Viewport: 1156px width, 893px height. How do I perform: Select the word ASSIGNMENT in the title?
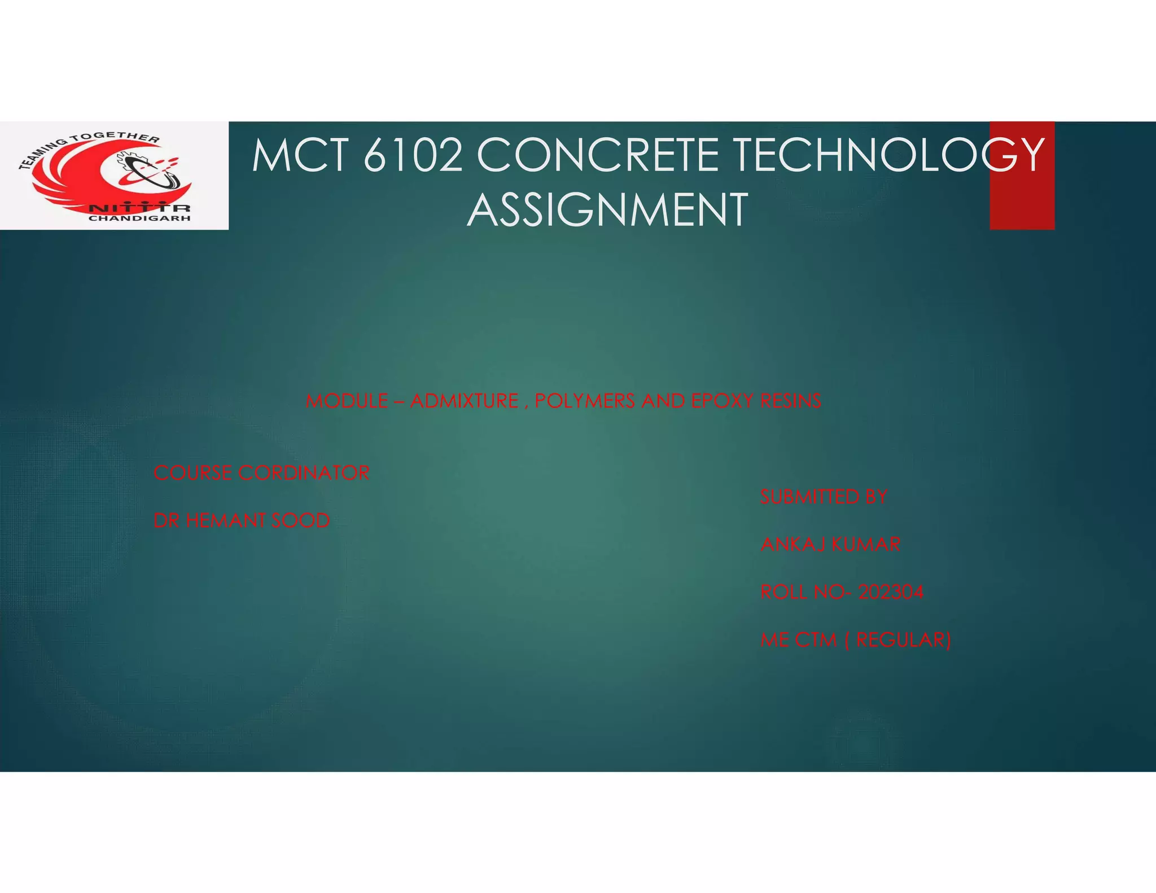tap(607, 210)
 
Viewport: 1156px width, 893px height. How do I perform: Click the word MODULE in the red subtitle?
tap(347, 401)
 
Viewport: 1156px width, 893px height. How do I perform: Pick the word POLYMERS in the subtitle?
tap(585, 401)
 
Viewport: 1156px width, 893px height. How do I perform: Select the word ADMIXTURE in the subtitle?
tap(464, 401)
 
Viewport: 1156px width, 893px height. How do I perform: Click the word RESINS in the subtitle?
tap(790, 401)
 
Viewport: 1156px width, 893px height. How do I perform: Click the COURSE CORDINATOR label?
tap(261, 473)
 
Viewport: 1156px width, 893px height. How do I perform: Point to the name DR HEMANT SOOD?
tap(242, 520)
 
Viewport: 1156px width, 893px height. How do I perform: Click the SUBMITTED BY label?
tap(824, 497)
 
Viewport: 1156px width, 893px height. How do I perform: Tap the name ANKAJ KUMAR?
tap(830, 545)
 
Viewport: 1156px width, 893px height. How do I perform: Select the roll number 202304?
tap(891, 592)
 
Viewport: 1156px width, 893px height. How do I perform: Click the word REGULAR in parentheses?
tap(903, 640)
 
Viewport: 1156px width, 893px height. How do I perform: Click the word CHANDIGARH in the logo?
tap(139, 218)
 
